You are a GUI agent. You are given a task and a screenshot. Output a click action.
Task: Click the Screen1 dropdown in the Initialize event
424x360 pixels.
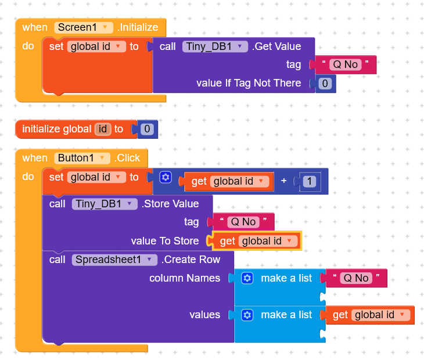tap(84, 27)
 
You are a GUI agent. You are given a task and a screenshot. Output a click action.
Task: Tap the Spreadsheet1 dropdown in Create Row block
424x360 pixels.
tap(114, 260)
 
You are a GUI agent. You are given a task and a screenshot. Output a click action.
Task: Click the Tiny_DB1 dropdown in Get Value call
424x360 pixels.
tap(215, 46)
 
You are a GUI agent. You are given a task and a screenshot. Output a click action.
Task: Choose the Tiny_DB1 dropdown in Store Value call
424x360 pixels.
tap(104, 204)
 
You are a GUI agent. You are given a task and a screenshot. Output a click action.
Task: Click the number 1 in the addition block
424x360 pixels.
tap(310, 182)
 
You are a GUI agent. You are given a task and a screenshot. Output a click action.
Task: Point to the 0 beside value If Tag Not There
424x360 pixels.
tap(325, 84)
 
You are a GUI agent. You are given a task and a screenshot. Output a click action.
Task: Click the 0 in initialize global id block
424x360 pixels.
tap(148, 129)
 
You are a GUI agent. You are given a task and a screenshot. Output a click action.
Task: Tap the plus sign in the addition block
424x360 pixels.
tap(284, 181)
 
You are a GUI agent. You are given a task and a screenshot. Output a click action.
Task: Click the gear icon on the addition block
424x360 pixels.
tap(166, 177)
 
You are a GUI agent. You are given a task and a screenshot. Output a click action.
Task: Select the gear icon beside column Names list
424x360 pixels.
tap(247, 278)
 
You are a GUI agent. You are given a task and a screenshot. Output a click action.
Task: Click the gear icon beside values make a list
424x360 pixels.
tap(247, 315)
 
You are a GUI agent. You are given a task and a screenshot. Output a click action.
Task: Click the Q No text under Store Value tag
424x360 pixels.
tap(243, 222)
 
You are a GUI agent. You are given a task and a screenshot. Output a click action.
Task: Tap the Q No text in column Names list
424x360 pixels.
tap(355, 278)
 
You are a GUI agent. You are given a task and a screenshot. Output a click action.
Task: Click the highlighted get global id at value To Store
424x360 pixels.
tap(257, 241)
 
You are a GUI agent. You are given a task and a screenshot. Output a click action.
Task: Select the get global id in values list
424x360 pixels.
tap(369, 315)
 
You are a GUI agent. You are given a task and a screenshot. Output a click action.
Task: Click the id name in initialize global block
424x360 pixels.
tap(103, 129)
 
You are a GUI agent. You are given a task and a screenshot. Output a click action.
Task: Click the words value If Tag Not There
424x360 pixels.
tap(249, 83)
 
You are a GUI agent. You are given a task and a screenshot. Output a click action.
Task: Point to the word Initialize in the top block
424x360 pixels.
tap(138, 27)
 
